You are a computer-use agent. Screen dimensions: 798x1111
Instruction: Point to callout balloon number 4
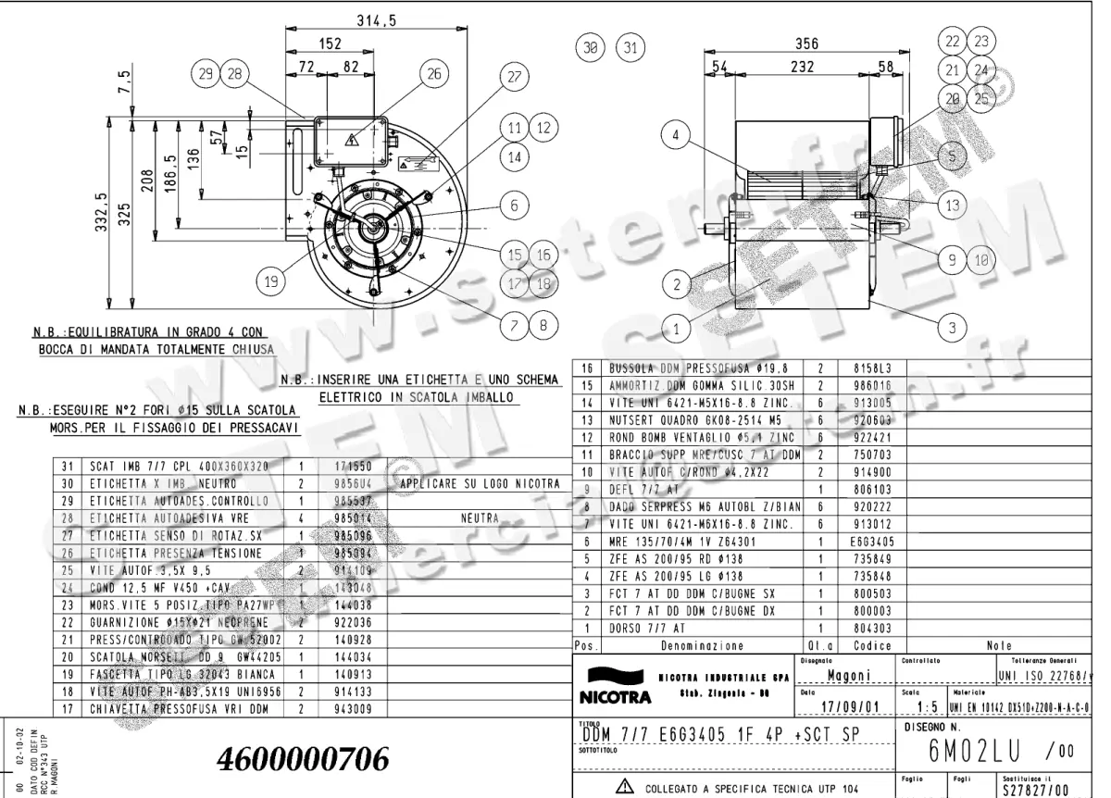(676, 136)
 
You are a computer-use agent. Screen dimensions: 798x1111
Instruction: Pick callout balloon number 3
(952, 326)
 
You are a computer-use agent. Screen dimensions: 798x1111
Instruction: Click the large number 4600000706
(302, 758)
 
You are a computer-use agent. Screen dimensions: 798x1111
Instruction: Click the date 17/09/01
(843, 707)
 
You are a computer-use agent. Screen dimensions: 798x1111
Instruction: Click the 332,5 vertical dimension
(101, 214)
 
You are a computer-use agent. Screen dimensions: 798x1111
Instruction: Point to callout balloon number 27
(514, 79)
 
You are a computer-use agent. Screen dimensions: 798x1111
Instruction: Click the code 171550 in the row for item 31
(341, 468)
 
